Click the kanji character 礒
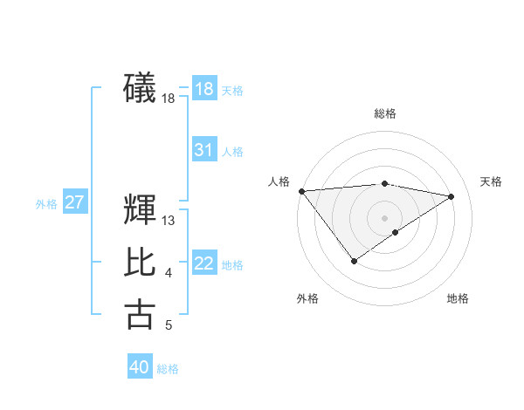pos(140,87)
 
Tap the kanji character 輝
pos(140,210)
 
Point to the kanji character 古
pos(140,313)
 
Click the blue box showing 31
pos(203,150)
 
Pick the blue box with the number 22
pos(203,263)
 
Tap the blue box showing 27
pos(74,203)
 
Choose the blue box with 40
pos(140,367)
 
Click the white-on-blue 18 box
pos(203,89)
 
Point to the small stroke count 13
pos(169,221)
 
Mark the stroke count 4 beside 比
pos(169,274)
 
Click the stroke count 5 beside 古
pos(169,325)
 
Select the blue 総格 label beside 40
pos(168,369)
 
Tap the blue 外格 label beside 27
pos(46,204)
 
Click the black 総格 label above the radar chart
pos(384,113)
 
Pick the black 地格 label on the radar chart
pos(458,298)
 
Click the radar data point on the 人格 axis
pos(301,191)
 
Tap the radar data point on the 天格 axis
pos(452,196)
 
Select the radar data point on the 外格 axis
pos(354,261)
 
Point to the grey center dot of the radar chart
pos(384,217)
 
